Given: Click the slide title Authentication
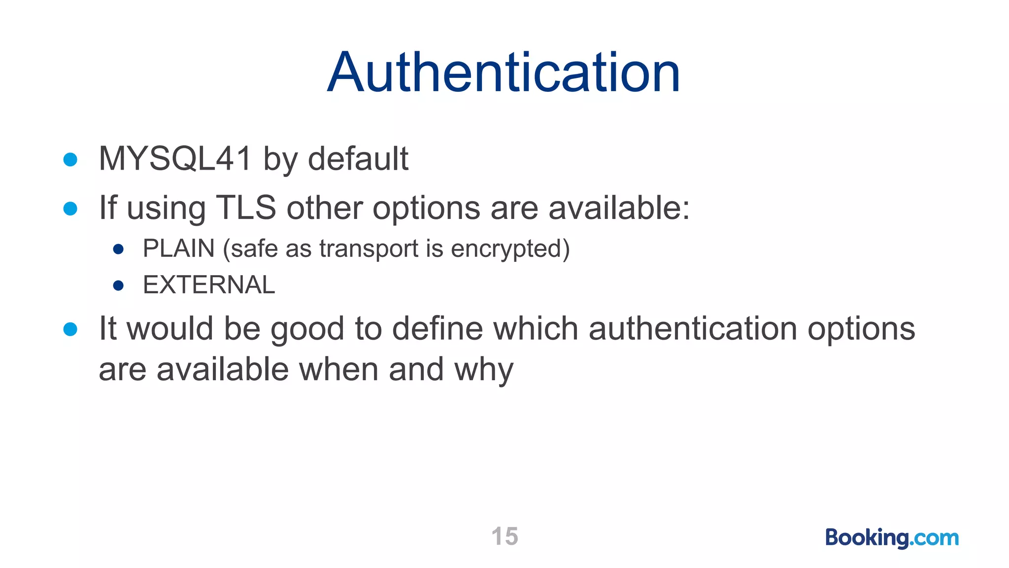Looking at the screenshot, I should [x=504, y=73].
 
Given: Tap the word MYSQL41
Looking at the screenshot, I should [x=175, y=159].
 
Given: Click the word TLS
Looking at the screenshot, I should [x=246, y=208].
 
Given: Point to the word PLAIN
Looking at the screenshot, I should [x=178, y=248].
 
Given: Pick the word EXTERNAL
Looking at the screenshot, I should [x=209, y=285].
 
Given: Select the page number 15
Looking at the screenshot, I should [x=504, y=536].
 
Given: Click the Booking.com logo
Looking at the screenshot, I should [x=892, y=537].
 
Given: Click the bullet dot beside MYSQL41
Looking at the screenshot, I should [x=70, y=159].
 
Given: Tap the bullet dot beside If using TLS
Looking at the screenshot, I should [x=70, y=208].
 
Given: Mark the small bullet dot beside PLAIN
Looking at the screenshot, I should [x=118, y=249].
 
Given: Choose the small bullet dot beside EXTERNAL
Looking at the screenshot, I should [x=118, y=285].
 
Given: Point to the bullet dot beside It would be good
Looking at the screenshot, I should [x=70, y=329].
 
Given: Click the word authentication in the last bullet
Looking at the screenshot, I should [x=692, y=329].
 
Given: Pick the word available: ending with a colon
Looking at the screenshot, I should [x=619, y=208].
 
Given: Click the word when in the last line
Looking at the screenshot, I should [x=338, y=370].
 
